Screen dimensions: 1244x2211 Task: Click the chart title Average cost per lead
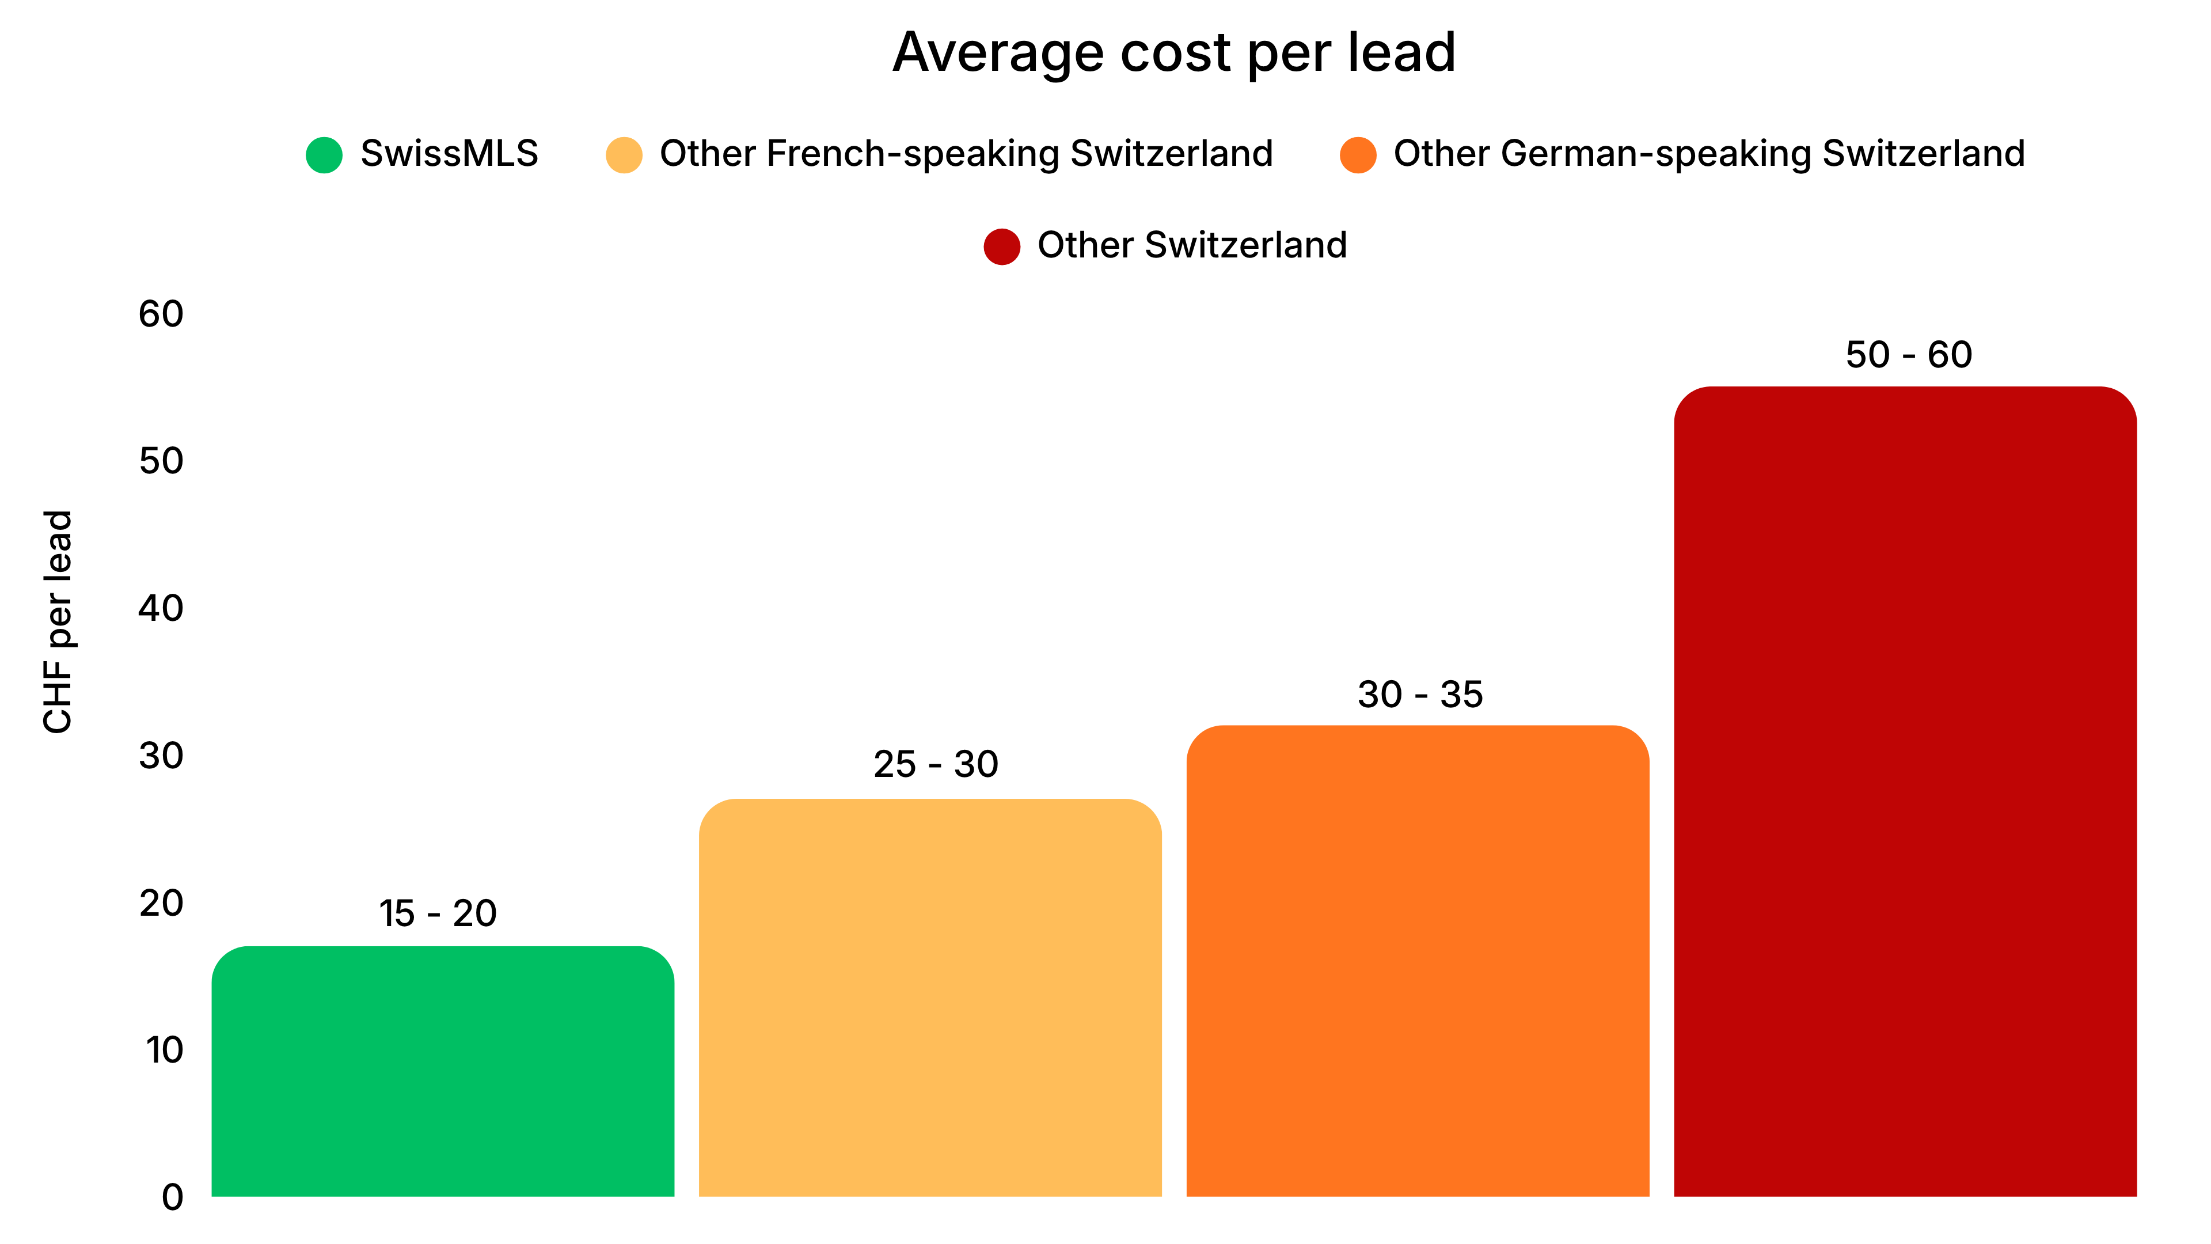(x=1173, y=53)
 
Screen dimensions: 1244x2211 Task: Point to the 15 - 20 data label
(x=438, y=913)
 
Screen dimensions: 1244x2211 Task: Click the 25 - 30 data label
(x=936, y=764)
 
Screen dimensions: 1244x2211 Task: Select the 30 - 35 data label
(x=1420, y=695)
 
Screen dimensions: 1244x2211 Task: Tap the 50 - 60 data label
(x=1908, y=355)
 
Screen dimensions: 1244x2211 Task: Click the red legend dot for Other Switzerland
(x=1002, y=246)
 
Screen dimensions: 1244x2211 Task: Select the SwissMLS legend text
(x=449, y=154)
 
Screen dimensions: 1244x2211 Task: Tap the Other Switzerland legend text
(x=1192, y=245)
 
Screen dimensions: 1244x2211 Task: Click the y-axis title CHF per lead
(x=58, y=621)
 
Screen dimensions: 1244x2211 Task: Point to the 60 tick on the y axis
(x=161, y=314)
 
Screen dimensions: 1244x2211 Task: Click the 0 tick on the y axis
(x=173, y=1197)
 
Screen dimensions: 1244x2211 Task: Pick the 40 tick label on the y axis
(x=161, y=609)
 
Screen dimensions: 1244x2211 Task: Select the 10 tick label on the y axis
(x=164, y=1050)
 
